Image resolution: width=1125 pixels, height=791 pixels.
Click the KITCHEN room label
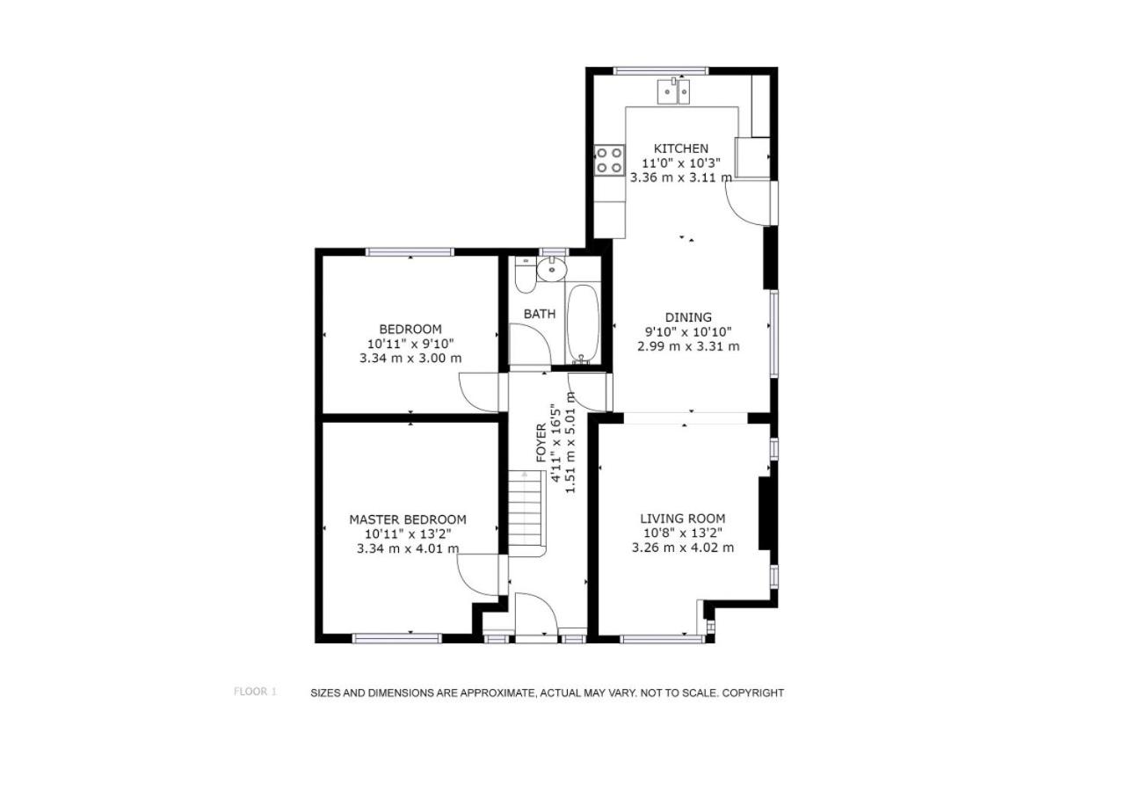[x=680, y=149]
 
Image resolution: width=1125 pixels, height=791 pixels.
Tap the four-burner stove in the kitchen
[x=609, y=160]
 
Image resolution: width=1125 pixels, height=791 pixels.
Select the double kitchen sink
[x=673, y=91]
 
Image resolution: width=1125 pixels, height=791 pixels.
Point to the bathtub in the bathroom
[x=583, y=323]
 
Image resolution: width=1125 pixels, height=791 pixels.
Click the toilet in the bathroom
[x=526, y=275]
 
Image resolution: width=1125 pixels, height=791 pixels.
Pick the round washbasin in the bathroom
[x=551, y=270]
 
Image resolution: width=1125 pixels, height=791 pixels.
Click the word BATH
[x=540, y=315]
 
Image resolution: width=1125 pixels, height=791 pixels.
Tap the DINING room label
[x=688, y=317]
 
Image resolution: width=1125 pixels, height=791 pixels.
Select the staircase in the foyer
[x=526, y=512]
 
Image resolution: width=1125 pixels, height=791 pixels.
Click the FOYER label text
[x=541, y=442]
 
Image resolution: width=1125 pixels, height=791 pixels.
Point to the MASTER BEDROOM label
[x=407, y=519]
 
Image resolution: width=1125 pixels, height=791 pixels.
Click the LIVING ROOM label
[x=683, y=519]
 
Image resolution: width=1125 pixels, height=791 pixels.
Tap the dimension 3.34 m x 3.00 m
[x=410, y=358]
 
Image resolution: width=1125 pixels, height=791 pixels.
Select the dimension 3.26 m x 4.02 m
[x=683, y=548]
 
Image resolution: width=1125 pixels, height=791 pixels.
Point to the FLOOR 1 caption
[x=255, y=692]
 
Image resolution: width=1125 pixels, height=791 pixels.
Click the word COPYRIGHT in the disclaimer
[x=753, y=693]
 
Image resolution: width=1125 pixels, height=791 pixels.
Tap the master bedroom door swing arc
[x=469, y=584]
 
